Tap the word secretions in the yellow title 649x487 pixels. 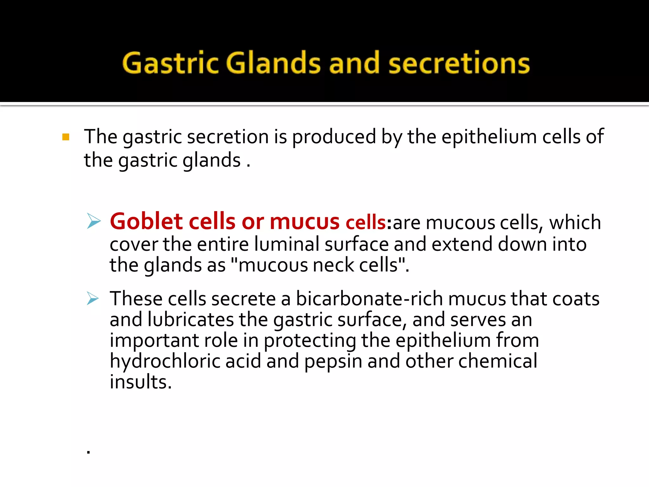[x=459, y=63]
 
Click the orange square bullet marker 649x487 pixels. [x=66, y=137]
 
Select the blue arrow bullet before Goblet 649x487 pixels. [x=93, y=221]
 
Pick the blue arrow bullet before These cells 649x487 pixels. [x=93, y=298]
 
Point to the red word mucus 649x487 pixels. [x=305, y=222]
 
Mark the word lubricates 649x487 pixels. [x=191, y=319]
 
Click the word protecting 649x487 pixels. [x=310, y=341]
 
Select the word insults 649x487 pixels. [x=141, y=382]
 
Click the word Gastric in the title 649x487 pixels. [x=170, y=63]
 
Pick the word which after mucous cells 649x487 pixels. [x=575, y=222]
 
